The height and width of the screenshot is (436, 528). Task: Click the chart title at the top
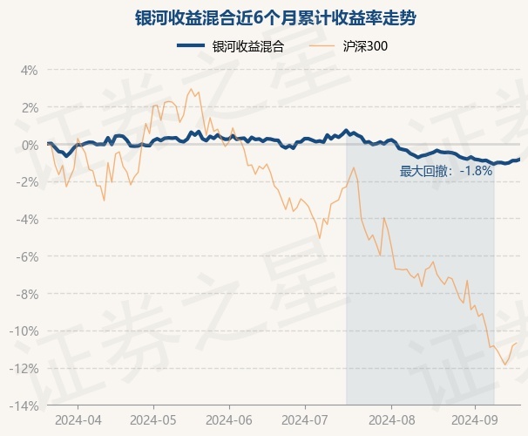coord(263,18)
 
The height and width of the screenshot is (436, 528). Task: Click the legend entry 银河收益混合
coord(248,46)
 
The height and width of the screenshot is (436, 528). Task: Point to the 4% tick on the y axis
coord(29,70)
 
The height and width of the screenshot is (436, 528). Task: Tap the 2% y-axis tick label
coord(29,107)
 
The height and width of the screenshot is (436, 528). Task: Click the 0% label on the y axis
coord(29,145)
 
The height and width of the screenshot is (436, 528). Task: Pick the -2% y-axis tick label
coord(27,182)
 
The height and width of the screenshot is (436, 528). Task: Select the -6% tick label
coord(27,257)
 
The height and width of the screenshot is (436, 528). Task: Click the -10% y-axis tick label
coord(24,331)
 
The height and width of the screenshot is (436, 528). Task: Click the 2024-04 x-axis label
coord(78,419)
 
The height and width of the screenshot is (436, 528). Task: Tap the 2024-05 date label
coord(152,419)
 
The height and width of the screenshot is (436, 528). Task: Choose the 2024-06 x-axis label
coord(229,419)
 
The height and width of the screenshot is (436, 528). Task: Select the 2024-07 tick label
coord(304,419)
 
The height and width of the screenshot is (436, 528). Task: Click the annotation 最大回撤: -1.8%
coord(446,171)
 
